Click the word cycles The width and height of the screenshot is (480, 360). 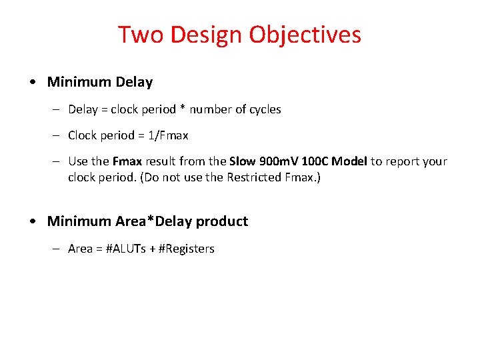(265, 109)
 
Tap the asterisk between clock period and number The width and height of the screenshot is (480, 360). (183, 109)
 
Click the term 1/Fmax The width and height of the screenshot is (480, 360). (169, 135)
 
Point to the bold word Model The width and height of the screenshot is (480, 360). (350, 161)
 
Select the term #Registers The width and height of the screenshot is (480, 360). (187, 249)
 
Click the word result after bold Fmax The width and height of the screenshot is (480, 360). (161, 161)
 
